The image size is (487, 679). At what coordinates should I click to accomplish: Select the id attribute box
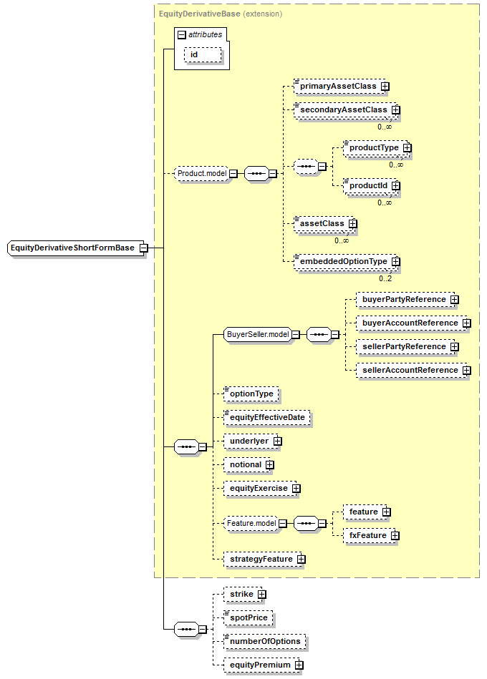pos(203,55)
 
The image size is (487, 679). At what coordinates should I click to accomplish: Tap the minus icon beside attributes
pos(182,35)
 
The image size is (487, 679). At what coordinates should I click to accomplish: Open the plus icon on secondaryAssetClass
pos(396,110)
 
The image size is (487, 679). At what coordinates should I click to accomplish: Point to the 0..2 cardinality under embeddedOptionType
pos(385,278)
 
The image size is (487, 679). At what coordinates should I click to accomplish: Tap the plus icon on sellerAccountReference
pos(467,370)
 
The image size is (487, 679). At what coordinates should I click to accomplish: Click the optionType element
pos(251,394)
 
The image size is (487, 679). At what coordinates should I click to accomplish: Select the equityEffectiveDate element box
pos(267,418)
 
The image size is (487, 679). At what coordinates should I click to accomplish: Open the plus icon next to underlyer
pos(278,441)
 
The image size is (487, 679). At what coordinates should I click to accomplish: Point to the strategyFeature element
pos(263,560)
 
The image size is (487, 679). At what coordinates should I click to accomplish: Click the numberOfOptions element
pos(265,642)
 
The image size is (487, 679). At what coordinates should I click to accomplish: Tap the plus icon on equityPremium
pos(299,665)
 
